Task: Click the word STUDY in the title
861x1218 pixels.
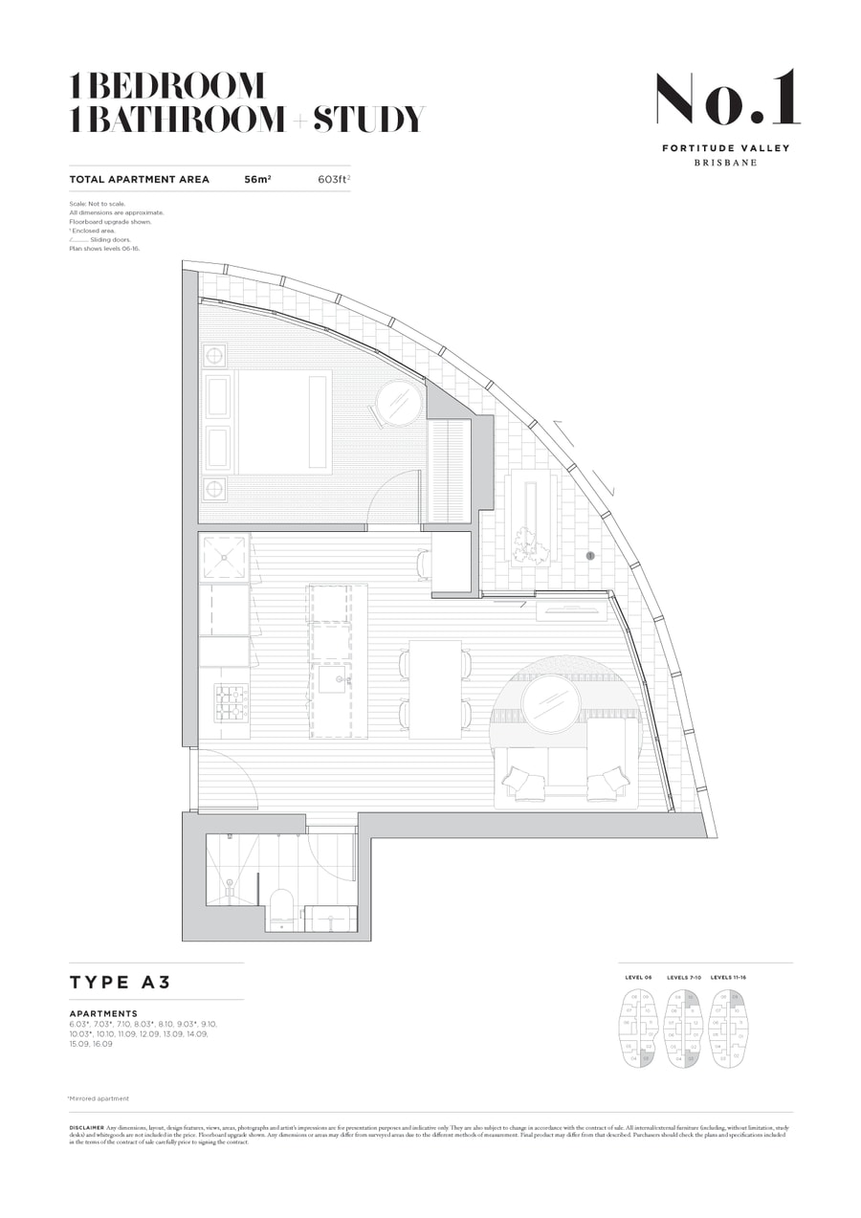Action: click(x=368, y=120)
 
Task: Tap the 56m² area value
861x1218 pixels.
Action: click(x=257, y=179)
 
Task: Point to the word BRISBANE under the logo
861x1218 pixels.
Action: click(x=725, y=163)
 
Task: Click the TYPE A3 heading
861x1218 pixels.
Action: click(x=120, y=982)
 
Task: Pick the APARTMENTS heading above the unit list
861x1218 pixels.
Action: click(x=103, y=1013)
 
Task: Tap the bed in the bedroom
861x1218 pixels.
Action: click(x=284, y=422)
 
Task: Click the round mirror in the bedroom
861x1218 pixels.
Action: click(x=398, y=403)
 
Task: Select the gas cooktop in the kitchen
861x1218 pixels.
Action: click(x=231, y=703)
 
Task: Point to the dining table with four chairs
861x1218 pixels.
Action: click(x=435, y=689)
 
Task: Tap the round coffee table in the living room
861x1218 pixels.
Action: click(x=550, y=703)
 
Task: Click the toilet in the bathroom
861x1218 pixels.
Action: click(x=282, y=909)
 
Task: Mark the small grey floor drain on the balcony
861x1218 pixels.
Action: click(x=590, y=555)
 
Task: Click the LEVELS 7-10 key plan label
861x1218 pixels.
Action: click(x=684, y=978)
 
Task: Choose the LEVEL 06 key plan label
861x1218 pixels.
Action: click(x=638, y=978)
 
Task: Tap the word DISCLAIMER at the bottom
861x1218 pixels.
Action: click(x=87, y=1128)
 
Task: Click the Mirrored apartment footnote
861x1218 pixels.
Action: click(x=99, y=1098)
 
